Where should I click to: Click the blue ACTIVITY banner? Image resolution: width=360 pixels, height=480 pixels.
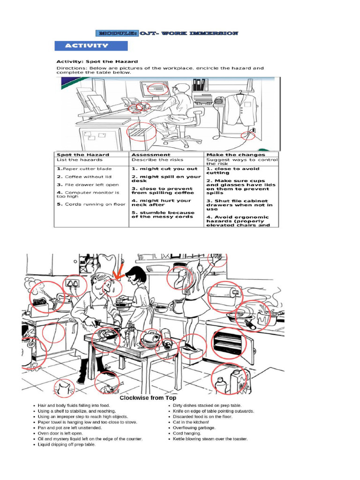(91, 46)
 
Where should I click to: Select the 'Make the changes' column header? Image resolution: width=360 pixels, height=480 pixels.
(235, 155)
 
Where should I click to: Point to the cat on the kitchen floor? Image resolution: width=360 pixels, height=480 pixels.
(64, 387)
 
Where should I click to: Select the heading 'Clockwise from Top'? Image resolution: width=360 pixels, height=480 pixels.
(148, 398)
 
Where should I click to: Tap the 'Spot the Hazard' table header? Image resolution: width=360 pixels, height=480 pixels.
(82, 155)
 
